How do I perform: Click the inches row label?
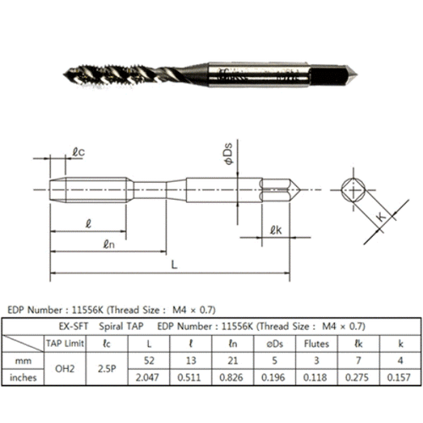[25, 377]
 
